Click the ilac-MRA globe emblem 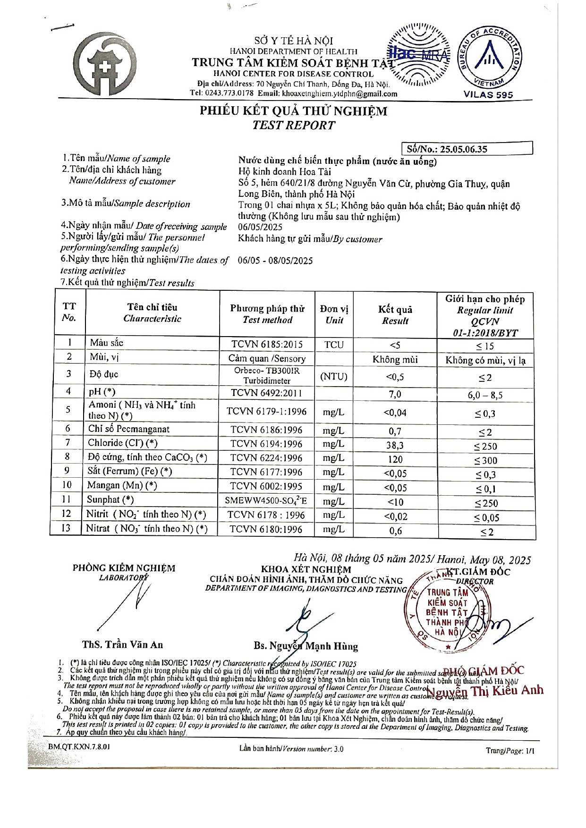417,56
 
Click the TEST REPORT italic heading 293,126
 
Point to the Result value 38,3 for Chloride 395,445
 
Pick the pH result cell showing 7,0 395,394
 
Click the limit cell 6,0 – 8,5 485,395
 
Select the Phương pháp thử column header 267,314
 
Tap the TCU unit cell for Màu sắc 334,345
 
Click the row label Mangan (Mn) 122,485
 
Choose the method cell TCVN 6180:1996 266,530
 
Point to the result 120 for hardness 395,459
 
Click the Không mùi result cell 395,360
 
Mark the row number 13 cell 67,528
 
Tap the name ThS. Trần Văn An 122,644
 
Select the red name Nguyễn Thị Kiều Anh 485,691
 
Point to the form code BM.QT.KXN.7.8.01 79,747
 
